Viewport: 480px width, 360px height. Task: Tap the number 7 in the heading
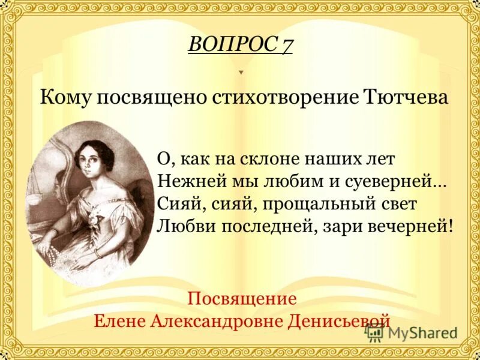point(286,44)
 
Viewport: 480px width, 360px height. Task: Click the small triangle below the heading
point(241,72)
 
